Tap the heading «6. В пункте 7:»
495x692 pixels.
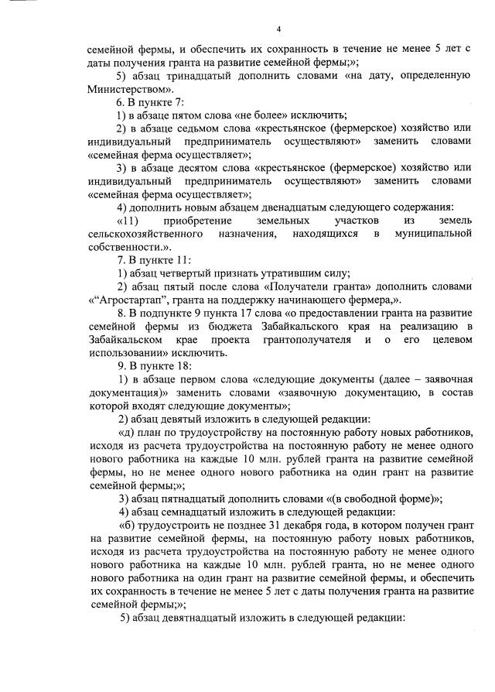coord(149,102)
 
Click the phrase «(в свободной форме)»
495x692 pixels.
coord(384,497)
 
